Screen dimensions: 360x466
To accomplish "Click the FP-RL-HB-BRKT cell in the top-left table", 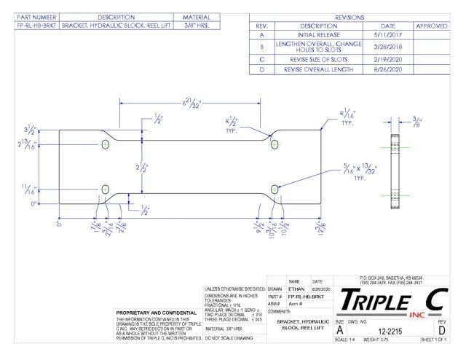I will coord(30,25).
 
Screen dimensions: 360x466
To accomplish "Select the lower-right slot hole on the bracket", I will coord(275,190).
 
